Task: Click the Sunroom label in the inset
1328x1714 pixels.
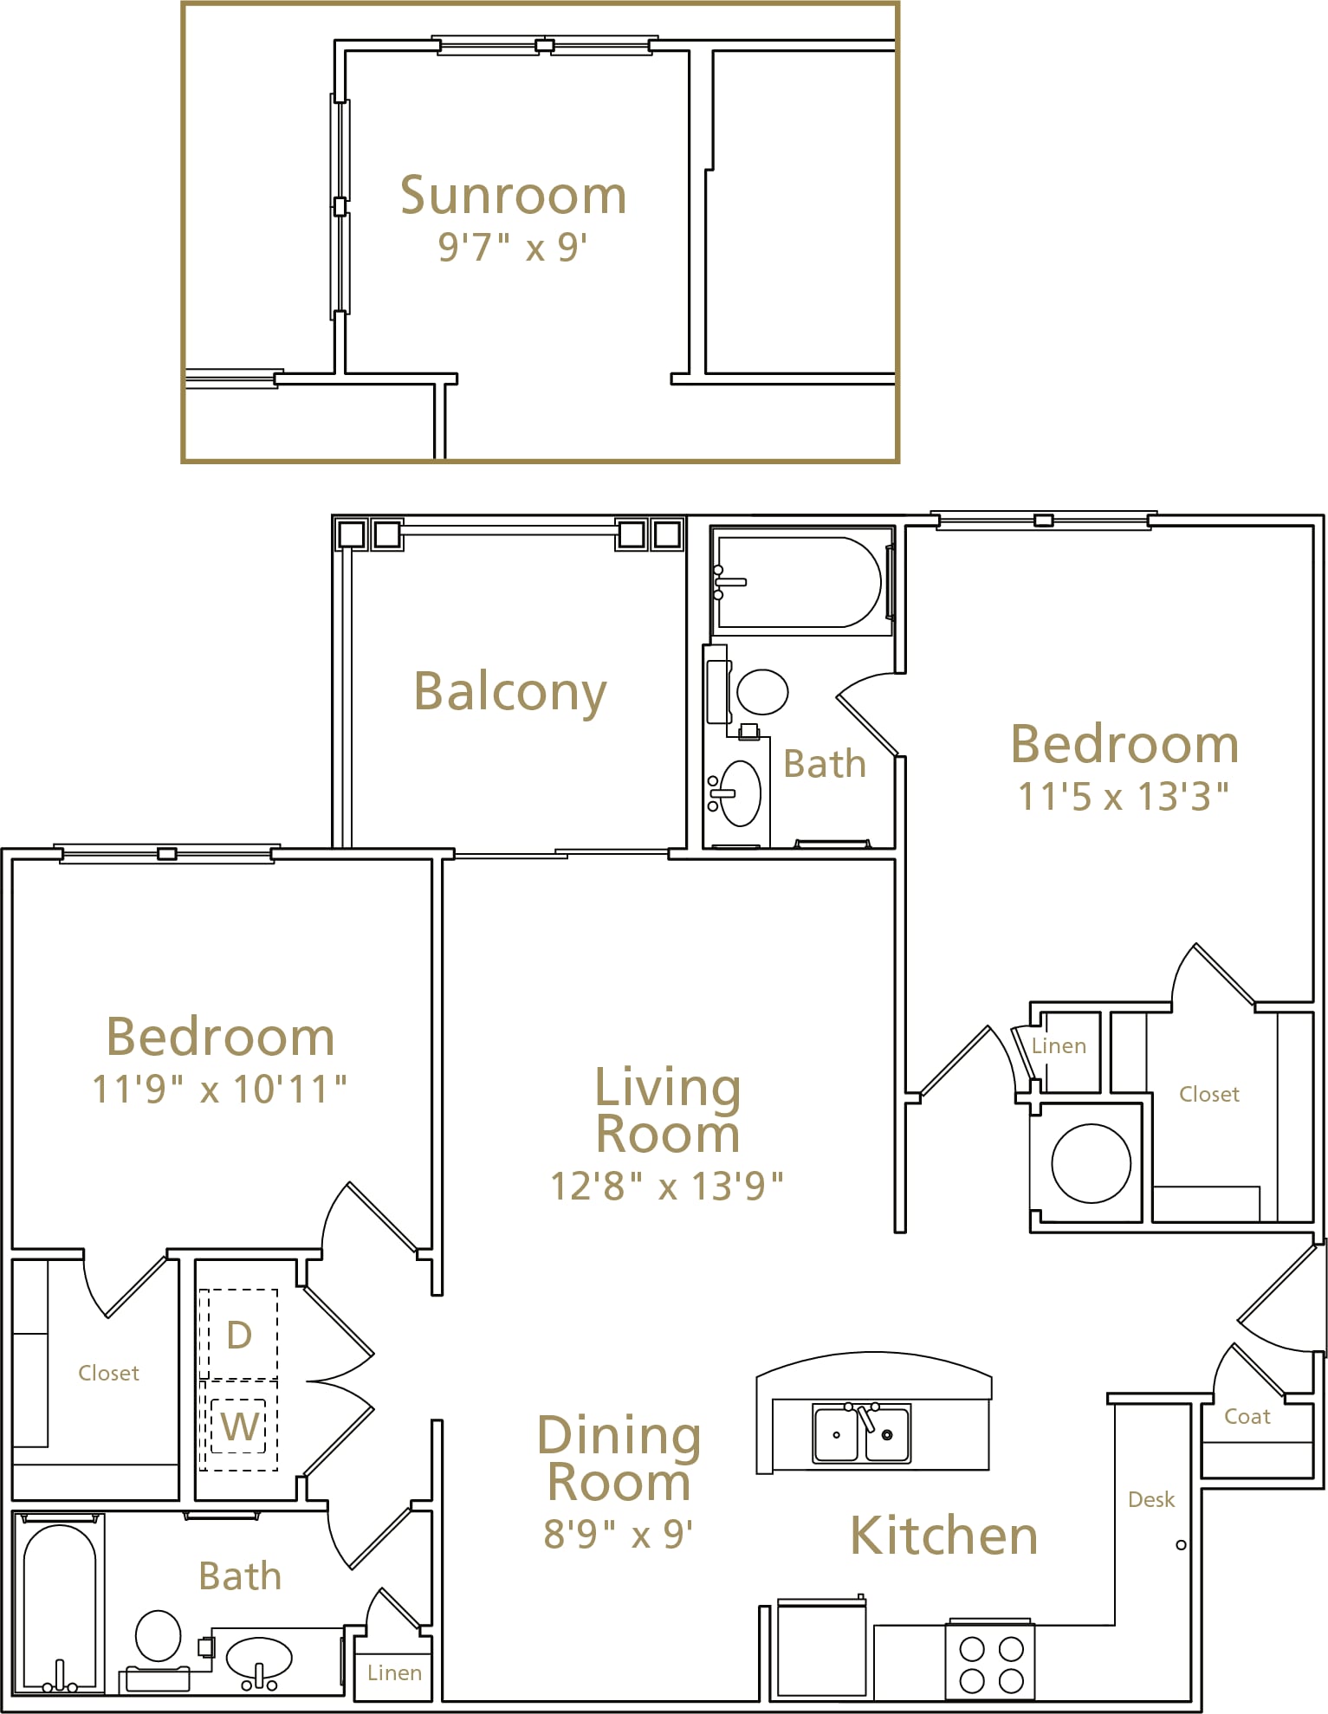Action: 513,195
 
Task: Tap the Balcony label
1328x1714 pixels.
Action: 510,692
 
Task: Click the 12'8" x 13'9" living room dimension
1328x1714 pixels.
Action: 667,1186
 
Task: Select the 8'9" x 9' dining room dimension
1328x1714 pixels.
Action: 619,1533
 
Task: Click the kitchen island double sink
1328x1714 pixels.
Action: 861,1433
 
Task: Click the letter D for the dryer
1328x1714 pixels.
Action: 239,1335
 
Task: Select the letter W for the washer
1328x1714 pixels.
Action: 240,1426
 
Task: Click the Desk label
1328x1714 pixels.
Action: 1151,1499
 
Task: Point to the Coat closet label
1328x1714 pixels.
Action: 1247,1416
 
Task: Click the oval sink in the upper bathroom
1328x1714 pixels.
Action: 740,792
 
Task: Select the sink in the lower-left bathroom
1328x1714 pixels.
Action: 259,1658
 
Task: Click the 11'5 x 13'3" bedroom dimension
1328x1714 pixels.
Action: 1124,796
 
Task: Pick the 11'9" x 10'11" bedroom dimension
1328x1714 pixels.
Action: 219,1089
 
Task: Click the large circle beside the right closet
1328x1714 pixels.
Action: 1091,1163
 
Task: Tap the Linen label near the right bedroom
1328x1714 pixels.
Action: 1059,1045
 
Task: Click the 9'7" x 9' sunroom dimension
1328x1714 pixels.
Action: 513,247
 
